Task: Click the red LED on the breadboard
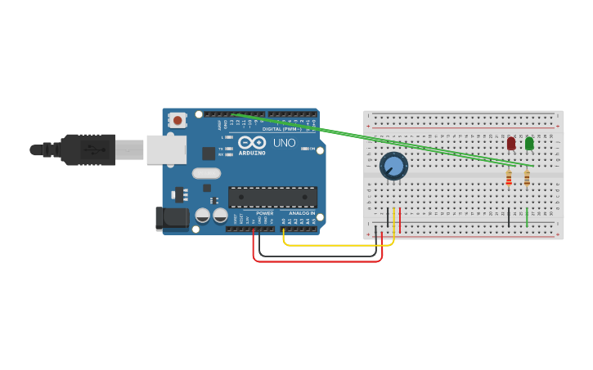point(511,144)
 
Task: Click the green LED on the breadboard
point(529,144)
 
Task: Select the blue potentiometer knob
point(393,166)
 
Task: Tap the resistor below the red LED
point(509,177)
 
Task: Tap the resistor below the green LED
point(527,177)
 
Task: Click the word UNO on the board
point(284,143)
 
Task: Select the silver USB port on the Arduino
point(166,149)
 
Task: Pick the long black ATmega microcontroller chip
point(272,197)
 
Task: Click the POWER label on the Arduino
point(264,213)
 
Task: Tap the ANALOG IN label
point(302,213)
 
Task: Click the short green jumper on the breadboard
point(527,217)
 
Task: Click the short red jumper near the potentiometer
point(399,219)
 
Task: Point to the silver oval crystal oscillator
point(206,173)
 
